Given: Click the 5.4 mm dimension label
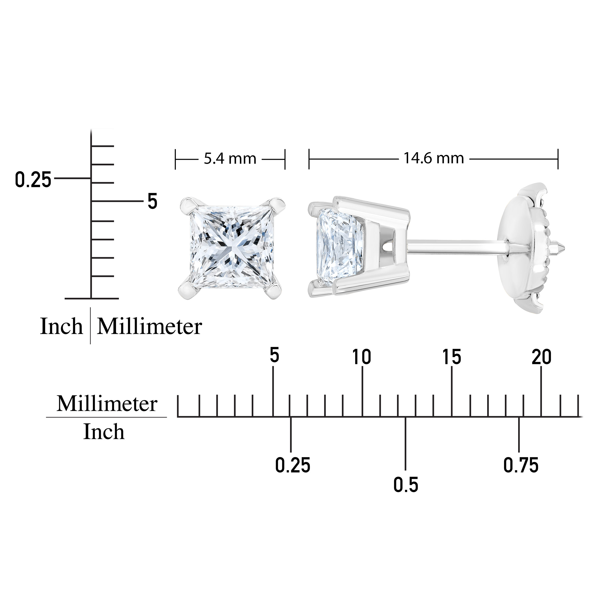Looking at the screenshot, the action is click(230, 159).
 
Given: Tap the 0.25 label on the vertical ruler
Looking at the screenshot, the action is click(33, 180).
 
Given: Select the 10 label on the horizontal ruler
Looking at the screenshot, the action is click(362, 357).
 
